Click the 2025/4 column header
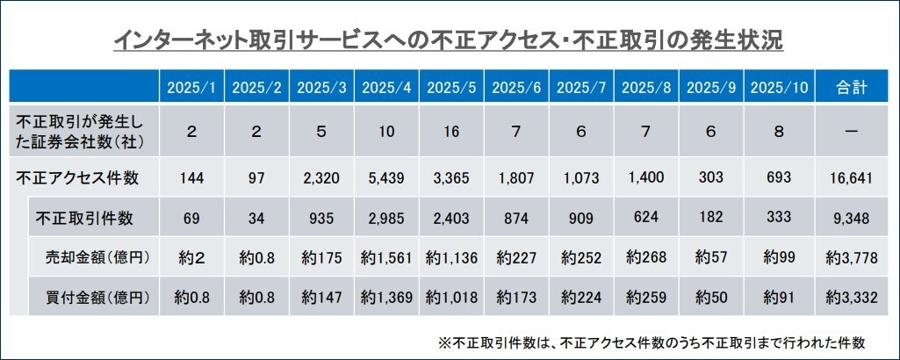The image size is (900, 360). point(386,88)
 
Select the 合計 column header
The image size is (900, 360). point(852,88)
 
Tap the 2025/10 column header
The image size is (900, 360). point(779,88)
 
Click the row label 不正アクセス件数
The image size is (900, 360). point(77,178)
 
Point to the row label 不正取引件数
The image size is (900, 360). point(84,218)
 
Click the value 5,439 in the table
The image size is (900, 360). point(387,178)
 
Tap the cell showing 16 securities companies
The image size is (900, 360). point(451,132)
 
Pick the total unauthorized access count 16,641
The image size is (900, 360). point(852,178)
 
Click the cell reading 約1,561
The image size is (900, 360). point(387,258)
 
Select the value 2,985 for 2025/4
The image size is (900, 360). point(387,218)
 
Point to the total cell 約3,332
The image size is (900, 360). point(852,298)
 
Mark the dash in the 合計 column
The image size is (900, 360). point(852,132)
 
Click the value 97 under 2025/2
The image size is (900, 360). point(256,178)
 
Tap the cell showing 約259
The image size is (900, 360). point(646,298)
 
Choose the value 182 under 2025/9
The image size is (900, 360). point(711,218)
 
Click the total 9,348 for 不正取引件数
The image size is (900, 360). point(852,218)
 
